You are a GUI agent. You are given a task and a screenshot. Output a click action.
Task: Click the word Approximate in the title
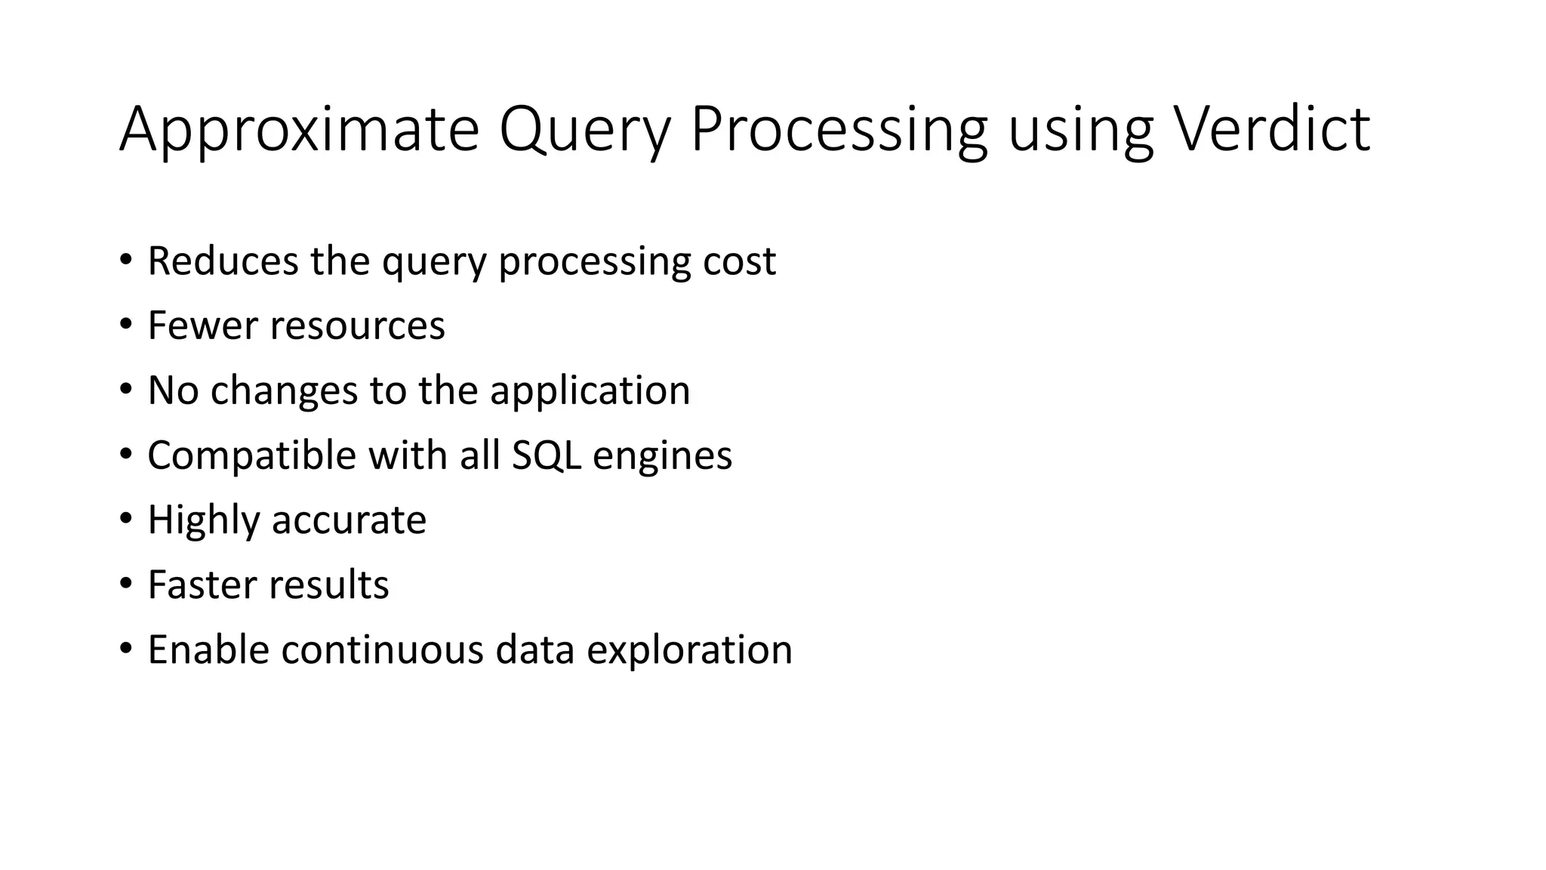299,130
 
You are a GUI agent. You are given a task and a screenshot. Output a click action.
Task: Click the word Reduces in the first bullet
223,261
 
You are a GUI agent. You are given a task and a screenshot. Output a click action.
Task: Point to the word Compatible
251,456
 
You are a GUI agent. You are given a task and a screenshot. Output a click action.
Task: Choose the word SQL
547,455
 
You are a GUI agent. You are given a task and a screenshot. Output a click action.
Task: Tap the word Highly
203,521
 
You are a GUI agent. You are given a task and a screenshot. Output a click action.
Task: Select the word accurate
349,521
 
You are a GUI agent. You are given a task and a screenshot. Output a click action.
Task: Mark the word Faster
202,585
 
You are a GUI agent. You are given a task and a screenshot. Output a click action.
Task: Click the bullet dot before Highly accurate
125,519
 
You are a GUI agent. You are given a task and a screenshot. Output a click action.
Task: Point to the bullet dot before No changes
125,390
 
